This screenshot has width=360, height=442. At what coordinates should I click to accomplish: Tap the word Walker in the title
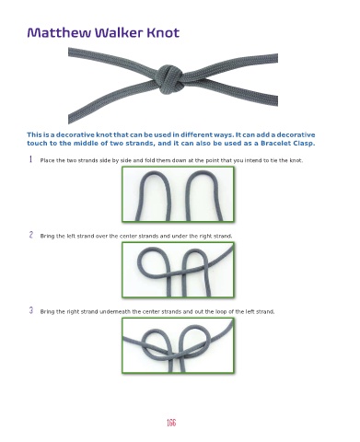point(119,32)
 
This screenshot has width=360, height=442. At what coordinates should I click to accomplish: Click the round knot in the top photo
point(168,79)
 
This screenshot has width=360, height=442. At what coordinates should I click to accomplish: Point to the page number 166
point(171,423)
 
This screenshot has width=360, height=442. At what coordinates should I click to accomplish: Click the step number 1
point(30,159)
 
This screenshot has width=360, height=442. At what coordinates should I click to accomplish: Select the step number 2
point(31,235)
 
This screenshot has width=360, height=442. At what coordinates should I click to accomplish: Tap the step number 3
point(31,310)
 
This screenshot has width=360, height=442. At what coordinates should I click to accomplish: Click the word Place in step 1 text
point(48,160)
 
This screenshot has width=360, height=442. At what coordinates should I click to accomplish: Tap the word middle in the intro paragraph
point(84,144)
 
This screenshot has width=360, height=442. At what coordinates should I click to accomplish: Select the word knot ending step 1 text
point(296,160)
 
